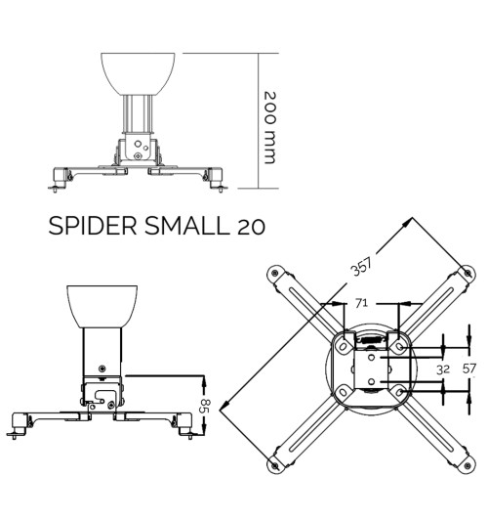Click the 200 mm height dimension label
(270, 127)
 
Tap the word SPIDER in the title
(93, 228)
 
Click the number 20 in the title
(250, 228)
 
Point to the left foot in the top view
(61, 179)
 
